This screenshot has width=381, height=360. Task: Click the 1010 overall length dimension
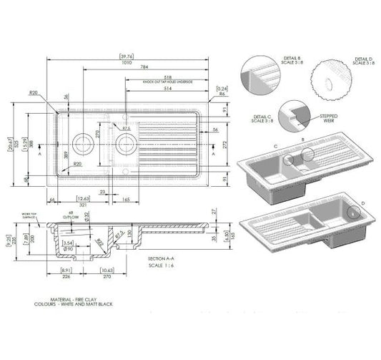click(128, 62)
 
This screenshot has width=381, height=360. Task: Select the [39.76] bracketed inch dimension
click(128, 56)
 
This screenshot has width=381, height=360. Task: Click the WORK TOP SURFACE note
click(28, 214)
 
